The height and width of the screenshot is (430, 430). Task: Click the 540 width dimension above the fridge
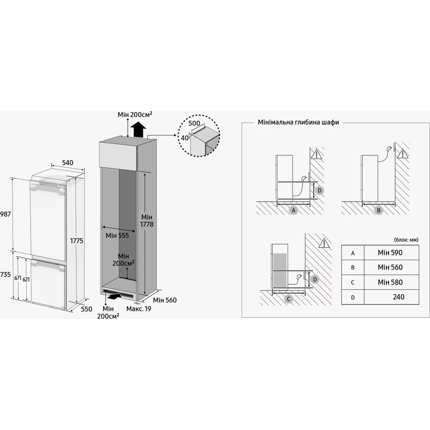click(68, 163)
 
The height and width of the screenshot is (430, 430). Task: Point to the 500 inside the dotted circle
click(194, 123)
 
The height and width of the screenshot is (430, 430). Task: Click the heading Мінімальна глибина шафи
click(298, 122)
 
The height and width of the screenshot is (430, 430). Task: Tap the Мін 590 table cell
click(390, 253)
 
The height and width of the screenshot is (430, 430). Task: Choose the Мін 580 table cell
click(390, 282)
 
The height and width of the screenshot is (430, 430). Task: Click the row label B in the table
click(353, 267)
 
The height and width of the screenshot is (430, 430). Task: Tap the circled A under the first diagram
click(294, 210)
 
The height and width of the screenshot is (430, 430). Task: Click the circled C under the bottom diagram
click(289, 298)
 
